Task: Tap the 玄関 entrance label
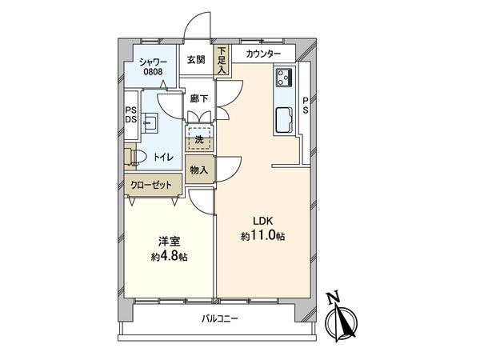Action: [197, 60]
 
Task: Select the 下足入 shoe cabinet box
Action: [222, 61]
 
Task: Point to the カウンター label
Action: [263, 54]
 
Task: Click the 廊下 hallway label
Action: [199, 99]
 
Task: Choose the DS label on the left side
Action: [130, 121]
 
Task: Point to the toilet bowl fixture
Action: [135, 157]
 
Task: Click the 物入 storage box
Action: [199, 170]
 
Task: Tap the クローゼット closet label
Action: [152, 186]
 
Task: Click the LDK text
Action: [264, 222]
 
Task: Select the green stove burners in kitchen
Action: [284, 78]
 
